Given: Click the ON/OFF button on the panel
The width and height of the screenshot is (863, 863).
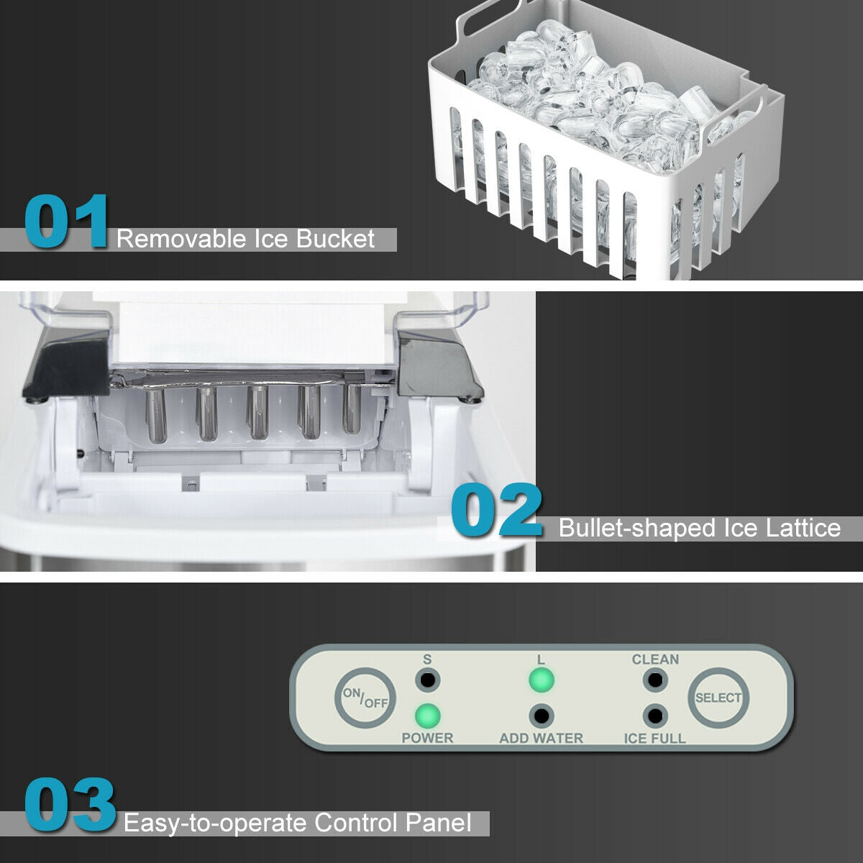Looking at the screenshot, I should pos(365,698).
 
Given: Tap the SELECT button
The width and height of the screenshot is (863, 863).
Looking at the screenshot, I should pos(718,698).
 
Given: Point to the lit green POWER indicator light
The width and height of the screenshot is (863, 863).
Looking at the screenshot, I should pos(427,716).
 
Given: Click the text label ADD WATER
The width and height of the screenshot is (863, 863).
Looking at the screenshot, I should pos(541,738).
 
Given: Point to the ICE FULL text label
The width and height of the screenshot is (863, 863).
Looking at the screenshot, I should pos(654,738).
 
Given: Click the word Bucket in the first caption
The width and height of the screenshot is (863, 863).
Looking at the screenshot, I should pos(335,239).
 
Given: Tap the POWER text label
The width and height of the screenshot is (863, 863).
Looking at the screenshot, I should pos(427,738).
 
